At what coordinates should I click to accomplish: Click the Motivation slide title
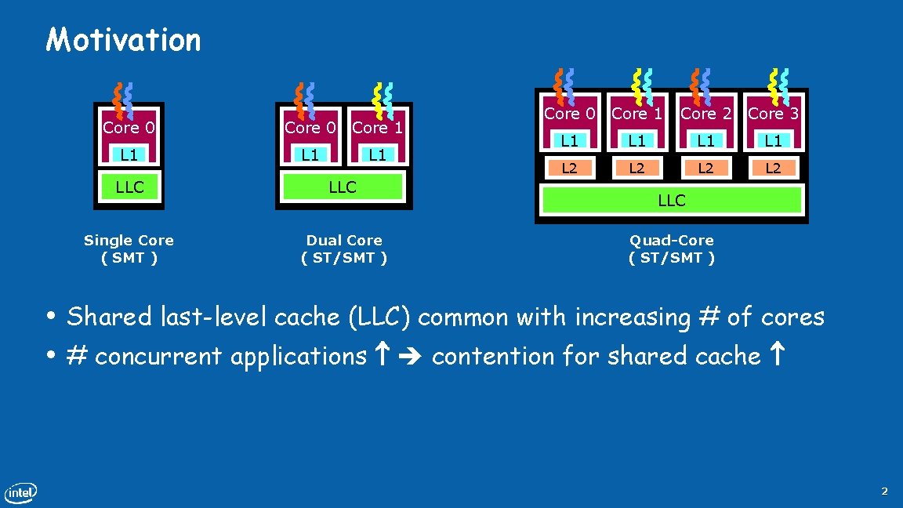[123, 39]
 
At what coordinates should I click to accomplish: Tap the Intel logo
[20, 493]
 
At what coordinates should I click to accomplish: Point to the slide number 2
[884, 492]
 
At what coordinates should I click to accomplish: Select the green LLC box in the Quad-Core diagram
[672, 200]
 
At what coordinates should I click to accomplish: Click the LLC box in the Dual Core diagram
[343, 187]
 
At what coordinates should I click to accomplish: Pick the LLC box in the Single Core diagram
[129, 187]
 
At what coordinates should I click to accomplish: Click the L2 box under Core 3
[773, 168]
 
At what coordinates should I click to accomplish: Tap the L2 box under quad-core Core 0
[569, 168]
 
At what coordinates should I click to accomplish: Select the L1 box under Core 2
[705, 141]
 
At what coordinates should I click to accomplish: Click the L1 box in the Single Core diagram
[129, 154]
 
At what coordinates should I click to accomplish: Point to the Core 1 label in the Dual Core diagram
[377, 127]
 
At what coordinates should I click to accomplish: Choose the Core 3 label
[773, 114]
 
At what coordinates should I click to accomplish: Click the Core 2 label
[705, 114]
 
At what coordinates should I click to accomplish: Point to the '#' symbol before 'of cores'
[708, 317]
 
